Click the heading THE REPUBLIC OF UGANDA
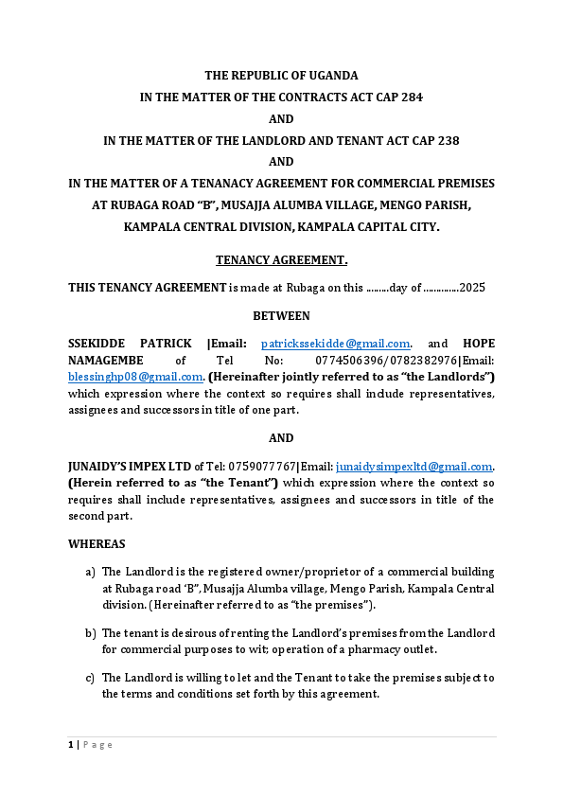[x=281, y=75]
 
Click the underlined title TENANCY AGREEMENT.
[x=281, y=259]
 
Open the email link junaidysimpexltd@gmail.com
[x=414, y=467]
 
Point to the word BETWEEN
[x=281, y=315]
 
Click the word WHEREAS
[x=97, y=544]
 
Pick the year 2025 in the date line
[x=472, y=287]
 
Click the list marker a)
[x=90, y=572]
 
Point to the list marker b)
[x=90, y=632]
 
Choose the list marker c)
[x=90, y=678]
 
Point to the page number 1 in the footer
[x=71, y=745]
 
